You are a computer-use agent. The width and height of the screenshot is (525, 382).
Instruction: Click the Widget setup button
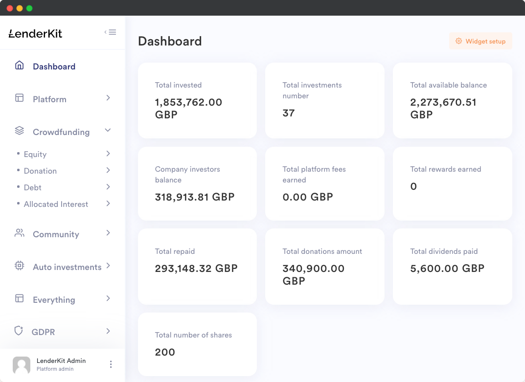pos(480,42)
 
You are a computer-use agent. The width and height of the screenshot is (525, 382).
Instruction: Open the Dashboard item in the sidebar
pos(54,67)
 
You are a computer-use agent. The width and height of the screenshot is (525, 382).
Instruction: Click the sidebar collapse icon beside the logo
pos(110,32)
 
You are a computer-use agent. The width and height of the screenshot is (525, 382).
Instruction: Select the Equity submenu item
pos(35,154)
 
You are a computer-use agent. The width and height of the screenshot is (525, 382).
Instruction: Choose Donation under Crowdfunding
pos(40,171)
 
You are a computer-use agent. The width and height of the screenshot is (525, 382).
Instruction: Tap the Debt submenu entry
pos(33,187)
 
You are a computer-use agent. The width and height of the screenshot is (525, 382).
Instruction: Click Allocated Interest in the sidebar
pos(56,204)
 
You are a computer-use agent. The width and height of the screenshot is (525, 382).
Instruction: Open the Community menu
pos(56,234)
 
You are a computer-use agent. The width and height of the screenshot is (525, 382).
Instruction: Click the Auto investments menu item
pos(67,267)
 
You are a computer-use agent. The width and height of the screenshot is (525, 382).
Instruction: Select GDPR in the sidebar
pos(43,332)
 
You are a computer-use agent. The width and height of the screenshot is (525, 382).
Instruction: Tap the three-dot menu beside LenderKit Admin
pos(111,364)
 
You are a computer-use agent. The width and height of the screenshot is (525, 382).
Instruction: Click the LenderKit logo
pos(36,34)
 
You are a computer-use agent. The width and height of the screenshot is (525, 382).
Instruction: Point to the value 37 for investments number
pos(289,113)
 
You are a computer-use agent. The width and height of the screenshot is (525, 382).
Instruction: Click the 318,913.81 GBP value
pos(195,197)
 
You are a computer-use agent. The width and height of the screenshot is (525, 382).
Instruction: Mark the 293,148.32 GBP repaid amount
pos(196,268)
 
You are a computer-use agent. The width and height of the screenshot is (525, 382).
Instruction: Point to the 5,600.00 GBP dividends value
pos(447,268)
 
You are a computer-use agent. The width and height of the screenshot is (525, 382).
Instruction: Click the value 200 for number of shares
pos(165,352)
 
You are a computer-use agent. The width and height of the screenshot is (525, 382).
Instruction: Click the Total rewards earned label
pos(446,169)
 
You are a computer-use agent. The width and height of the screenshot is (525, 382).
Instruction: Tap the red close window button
pos(10,8)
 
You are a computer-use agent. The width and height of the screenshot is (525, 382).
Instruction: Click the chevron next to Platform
pos(108,98)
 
